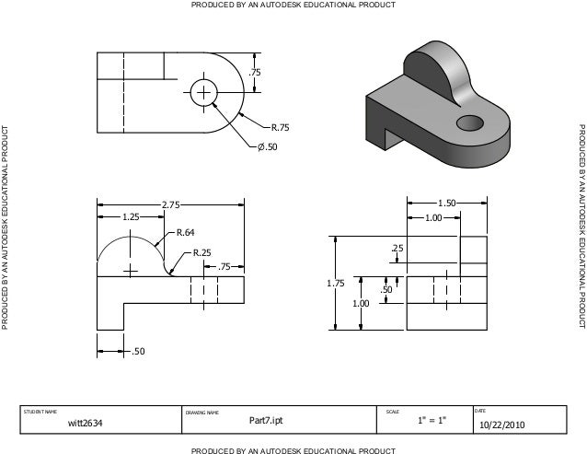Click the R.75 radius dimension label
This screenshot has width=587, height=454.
(275, 127)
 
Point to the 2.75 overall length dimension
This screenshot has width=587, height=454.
(169, 204)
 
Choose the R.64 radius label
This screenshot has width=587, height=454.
(185, 232)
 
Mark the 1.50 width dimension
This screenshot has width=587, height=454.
(447, 202)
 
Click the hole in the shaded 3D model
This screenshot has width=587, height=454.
(470, 122)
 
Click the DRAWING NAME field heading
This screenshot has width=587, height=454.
(201, 412)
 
